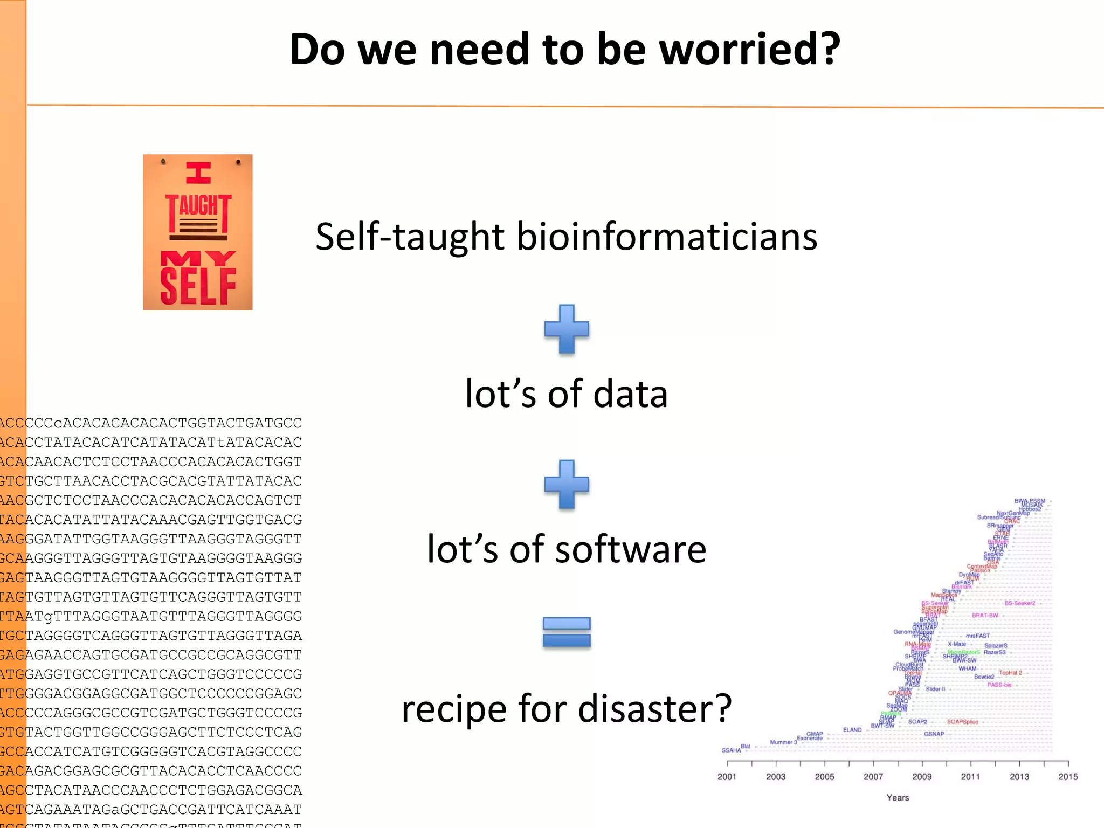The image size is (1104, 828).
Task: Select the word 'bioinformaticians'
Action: coord(667,237)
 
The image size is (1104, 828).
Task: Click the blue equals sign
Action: coord(567,632)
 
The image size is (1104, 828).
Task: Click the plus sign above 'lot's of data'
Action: coord(567,329)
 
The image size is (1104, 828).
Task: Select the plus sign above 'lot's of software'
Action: coord(567,484)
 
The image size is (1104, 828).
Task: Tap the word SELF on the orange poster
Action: coord(198,286)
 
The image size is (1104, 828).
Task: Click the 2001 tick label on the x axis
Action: coord(727,777)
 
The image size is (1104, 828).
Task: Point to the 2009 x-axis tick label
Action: coord(922,777)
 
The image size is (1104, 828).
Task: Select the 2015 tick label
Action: coord(1068,777)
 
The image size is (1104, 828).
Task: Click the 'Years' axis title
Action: coord(898,798)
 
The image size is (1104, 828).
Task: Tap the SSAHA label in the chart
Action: coord(731,750)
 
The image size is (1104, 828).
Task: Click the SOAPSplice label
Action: coord(962,722)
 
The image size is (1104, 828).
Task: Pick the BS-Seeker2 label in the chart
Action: coord(1020,603)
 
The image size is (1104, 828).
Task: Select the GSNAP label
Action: coord(934,734)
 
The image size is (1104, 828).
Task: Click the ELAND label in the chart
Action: coord(852,730)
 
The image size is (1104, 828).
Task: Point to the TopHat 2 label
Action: coord(1010,673)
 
